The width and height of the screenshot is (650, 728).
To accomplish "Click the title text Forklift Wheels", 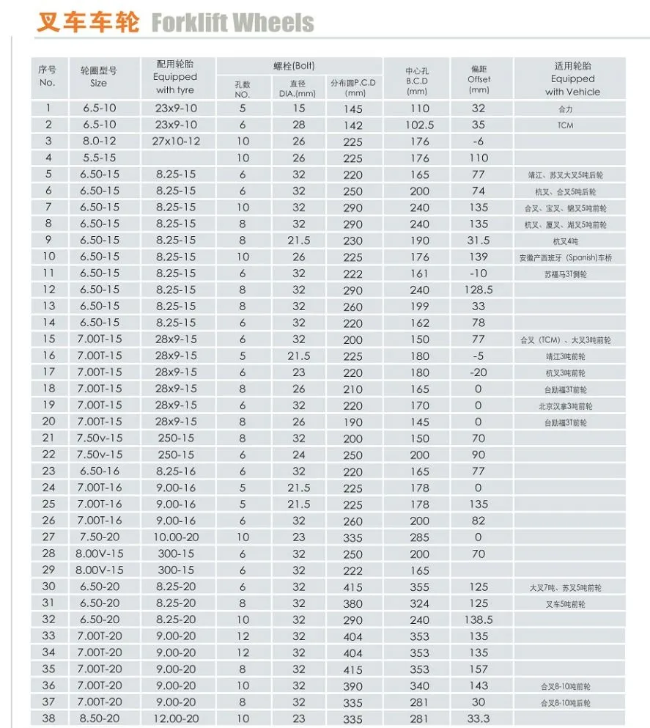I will pyautogui.click(x=232, y=23).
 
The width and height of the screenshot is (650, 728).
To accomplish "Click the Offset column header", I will pyautogui.click(x=479, y=78).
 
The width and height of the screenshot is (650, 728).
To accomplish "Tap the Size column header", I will pyautogui.click(x=98, y=77).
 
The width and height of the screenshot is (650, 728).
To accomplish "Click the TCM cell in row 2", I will pyautogui.click(x=565, y=125).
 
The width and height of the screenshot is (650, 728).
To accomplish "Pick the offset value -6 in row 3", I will pyautogui.click(x=479, y=141).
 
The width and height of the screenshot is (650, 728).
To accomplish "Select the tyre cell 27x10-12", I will pyautogui.click(x=176, y=141).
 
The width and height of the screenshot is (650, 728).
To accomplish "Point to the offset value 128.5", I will pyautogui.click(x=479, y=290).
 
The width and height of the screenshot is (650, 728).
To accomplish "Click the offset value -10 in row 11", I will pyautogui.click(x=479, y=273).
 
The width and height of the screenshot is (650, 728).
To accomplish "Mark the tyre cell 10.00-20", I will pyautogui.click(x=176, y=537).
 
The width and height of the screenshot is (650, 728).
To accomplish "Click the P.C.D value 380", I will pyautogui.click(x=353, y=603).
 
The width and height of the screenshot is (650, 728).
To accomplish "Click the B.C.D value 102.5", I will pyautogui.click(x=419, y=125).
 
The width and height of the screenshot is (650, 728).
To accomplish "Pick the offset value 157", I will pyautogui.click(x=479, y=669).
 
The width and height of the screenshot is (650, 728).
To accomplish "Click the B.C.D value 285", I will pyautogui.click(x=419, y=537).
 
